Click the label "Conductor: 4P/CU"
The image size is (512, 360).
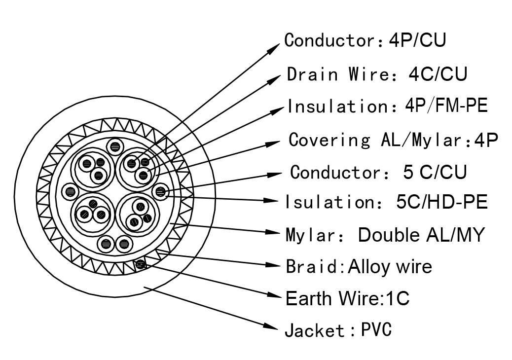pos(366,40)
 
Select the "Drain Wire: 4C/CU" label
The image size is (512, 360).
pos(377,74)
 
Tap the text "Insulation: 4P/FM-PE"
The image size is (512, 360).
pos(388,106)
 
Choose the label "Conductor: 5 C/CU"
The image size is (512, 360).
pos(378,172)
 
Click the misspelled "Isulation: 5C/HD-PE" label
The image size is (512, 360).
pos(387,202)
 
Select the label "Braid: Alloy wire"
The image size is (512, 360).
pos(359,266)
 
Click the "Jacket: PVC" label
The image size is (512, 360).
pos(338,330)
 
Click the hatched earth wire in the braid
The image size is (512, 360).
pos(140,265)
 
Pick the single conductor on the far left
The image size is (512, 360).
pos(70,190)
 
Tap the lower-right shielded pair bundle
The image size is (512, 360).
pos(139,215)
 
